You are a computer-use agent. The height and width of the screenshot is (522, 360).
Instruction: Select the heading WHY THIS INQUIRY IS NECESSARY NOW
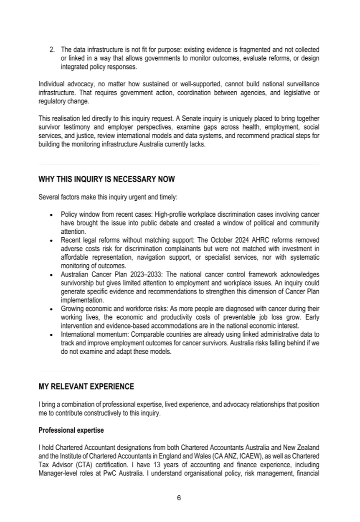coord(106,179)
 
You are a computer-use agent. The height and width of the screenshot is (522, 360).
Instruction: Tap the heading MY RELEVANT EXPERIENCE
coord(86,387)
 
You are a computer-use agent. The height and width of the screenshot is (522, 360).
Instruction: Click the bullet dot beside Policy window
coord(51,214)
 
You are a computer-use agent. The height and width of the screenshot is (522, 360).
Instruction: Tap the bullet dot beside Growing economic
coord(51,308)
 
